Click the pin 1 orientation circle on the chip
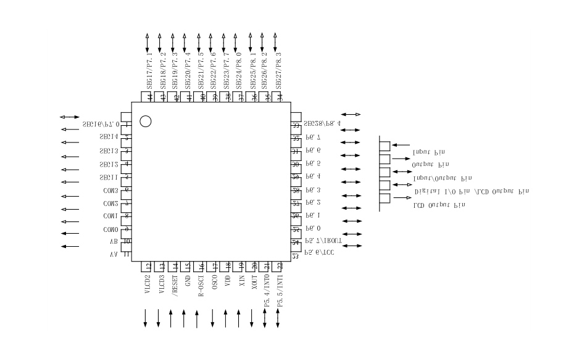[146, 121]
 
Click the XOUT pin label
[254, 286]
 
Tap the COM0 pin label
[111, 230]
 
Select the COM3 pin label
[111, 191]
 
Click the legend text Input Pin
[428, 152]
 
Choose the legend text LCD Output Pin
[439, 205]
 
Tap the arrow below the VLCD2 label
[146, 318]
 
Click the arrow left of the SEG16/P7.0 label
[70, 117]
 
